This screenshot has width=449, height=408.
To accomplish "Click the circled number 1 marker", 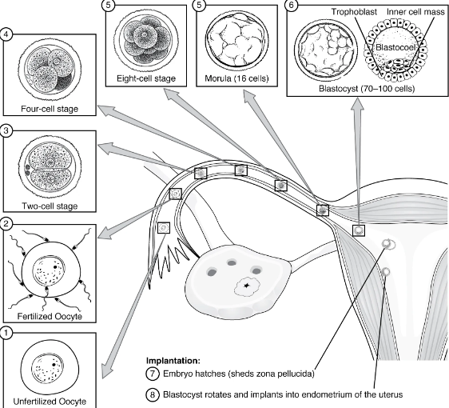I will click(x=7, y=333).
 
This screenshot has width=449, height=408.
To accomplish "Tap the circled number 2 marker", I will click(x=7, y=226).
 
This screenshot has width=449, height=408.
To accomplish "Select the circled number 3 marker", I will click(x=7, y=131).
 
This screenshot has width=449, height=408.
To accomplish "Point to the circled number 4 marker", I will click(x=7, y=36).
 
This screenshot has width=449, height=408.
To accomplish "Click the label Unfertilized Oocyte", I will click(x=50, y=400).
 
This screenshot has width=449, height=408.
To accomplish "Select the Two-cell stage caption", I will click(x=50, y=206).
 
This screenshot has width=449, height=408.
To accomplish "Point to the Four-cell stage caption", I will click(x=50, y=108).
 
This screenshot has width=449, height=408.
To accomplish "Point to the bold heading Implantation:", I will click(x=177, y=361).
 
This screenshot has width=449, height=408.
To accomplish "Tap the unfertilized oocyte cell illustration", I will click(x=50, y=366).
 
